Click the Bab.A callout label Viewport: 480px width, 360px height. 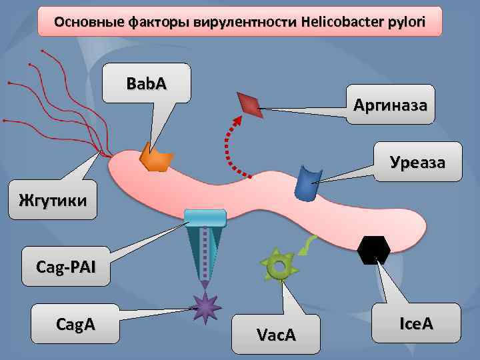point(147,84)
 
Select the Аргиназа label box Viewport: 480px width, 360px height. point(391,104)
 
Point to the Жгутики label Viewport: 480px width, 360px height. point(53,198)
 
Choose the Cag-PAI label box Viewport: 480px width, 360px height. point(66,267)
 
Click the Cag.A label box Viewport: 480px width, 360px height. point(75,324)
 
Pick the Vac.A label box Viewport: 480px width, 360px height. point(276,334)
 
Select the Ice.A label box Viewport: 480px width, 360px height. point(416,324)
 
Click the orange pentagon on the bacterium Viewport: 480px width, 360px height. point(155,157)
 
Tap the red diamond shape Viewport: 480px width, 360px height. point(250,105)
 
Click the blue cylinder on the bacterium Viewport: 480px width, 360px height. point(307,184)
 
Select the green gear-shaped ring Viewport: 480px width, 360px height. point(279,266)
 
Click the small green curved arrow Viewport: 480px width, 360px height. point(307,245)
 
